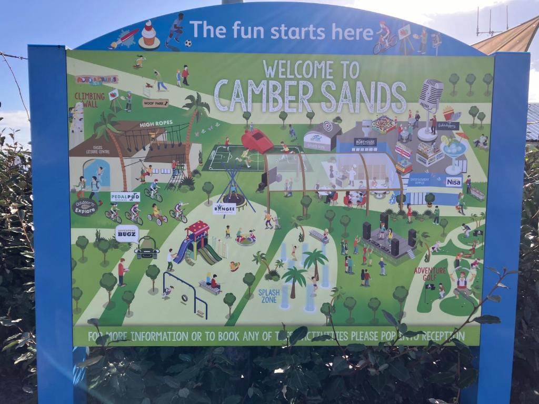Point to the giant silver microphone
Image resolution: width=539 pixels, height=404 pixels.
431,97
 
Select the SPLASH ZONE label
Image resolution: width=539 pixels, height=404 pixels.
268,295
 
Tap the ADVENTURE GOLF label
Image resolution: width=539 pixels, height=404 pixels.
430,274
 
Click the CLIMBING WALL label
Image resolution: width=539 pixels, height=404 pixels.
89,99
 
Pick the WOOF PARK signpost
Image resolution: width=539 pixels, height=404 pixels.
155,103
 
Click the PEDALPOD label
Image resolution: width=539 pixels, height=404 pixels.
125,197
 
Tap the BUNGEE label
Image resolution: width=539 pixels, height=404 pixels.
225,209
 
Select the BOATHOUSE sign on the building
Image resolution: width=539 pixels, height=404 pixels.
365,142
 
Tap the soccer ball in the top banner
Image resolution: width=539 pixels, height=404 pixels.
188,43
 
